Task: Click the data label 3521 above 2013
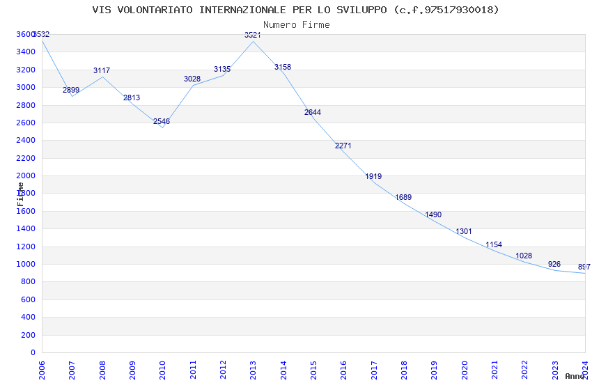click(x=253, y=35)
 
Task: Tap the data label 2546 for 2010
click(x=162, y=121)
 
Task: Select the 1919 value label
click(x=373, y=177)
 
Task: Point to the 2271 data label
click(x=343, y=146)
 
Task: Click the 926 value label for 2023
click(x=554, y=264)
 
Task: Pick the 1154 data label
click(x=494, y=245)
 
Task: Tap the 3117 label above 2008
click(x=102, y=71)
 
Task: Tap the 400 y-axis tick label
click(x=29, y=317)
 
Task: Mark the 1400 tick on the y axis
click(x=26, y=228)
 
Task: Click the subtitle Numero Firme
click(x=296, y=24)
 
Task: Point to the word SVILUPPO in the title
click(x=362, y=10)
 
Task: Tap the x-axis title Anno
click(x=575, y=376)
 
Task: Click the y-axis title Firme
click(x=21, y=194)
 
